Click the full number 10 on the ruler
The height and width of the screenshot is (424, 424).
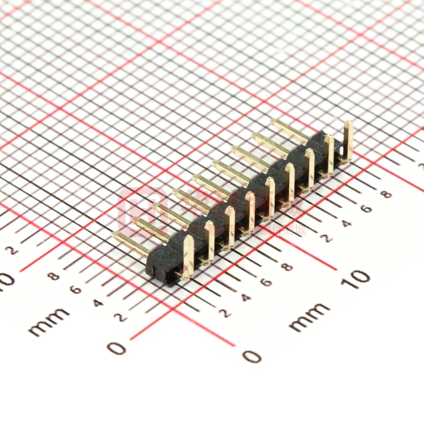coord(356,278)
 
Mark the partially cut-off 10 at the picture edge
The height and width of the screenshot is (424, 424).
coord(7,281)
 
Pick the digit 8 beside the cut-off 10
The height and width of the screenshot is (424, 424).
coord(55,276)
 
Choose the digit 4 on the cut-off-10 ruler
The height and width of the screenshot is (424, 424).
coord(98,302)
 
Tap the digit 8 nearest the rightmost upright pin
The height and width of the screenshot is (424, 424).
coord(386,194)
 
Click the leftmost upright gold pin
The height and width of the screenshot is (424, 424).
coord(188,257)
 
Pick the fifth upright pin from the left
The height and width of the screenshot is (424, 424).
coord(269,198)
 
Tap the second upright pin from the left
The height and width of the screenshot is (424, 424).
coord(209,241)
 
